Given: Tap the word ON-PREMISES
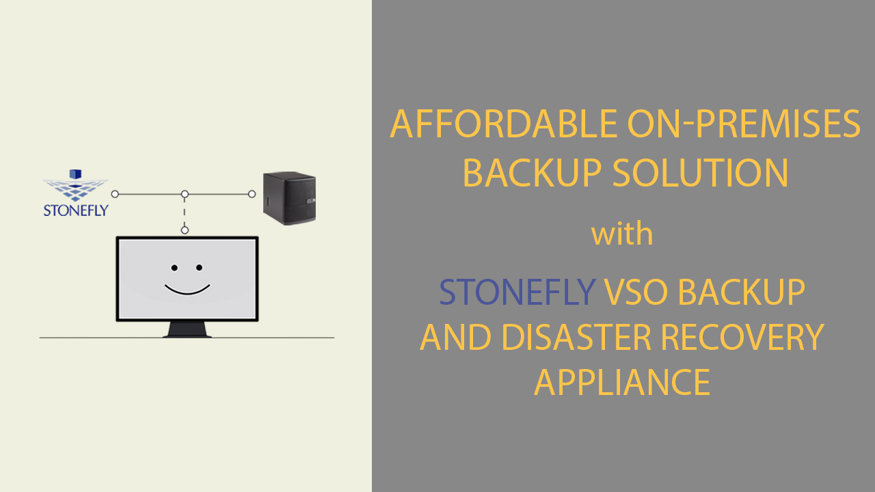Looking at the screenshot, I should click(x=744, y=124).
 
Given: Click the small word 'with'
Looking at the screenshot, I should click(x=622, y=234).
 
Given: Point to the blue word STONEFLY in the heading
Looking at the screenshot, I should click(x=517, y=292).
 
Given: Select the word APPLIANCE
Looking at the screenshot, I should click(x=622, y=383).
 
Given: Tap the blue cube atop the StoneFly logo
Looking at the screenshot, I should click(x=76, y=175).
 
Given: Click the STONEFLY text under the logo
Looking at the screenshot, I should click(x=75, y=210).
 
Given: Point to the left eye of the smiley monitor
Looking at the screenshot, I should click(x=174, y=268).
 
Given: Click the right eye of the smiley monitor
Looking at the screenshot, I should click(x=199, y=268).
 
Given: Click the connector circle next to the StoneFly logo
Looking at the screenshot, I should click(x=115, y=194).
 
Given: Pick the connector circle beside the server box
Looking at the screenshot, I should click(x=252, y=194).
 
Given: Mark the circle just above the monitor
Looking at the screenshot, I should click(x=185, y=230).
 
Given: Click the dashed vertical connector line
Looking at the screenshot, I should click(x=185, y=213).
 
